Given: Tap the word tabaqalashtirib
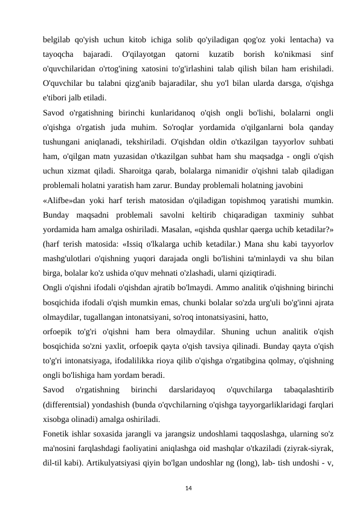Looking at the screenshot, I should (x=307, y=390).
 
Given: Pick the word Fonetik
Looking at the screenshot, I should (x=57, y=433).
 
